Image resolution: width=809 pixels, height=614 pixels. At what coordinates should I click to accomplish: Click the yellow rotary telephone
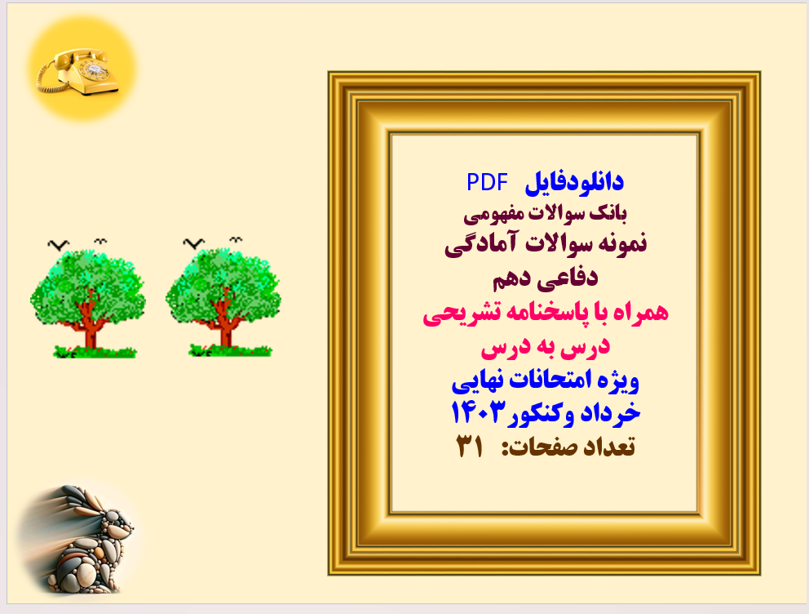[x=78, y=71]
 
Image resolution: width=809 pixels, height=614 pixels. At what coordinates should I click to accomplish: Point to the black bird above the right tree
[x=192, y=242]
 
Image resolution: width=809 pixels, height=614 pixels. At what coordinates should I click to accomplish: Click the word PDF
[x=487, y=182]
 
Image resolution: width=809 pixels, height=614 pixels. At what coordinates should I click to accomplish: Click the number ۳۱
[x=471, y=446]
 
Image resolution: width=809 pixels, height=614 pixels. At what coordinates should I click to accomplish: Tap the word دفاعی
[x=570, y=278]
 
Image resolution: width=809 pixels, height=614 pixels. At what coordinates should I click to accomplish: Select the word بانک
[x=612, y=214]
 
